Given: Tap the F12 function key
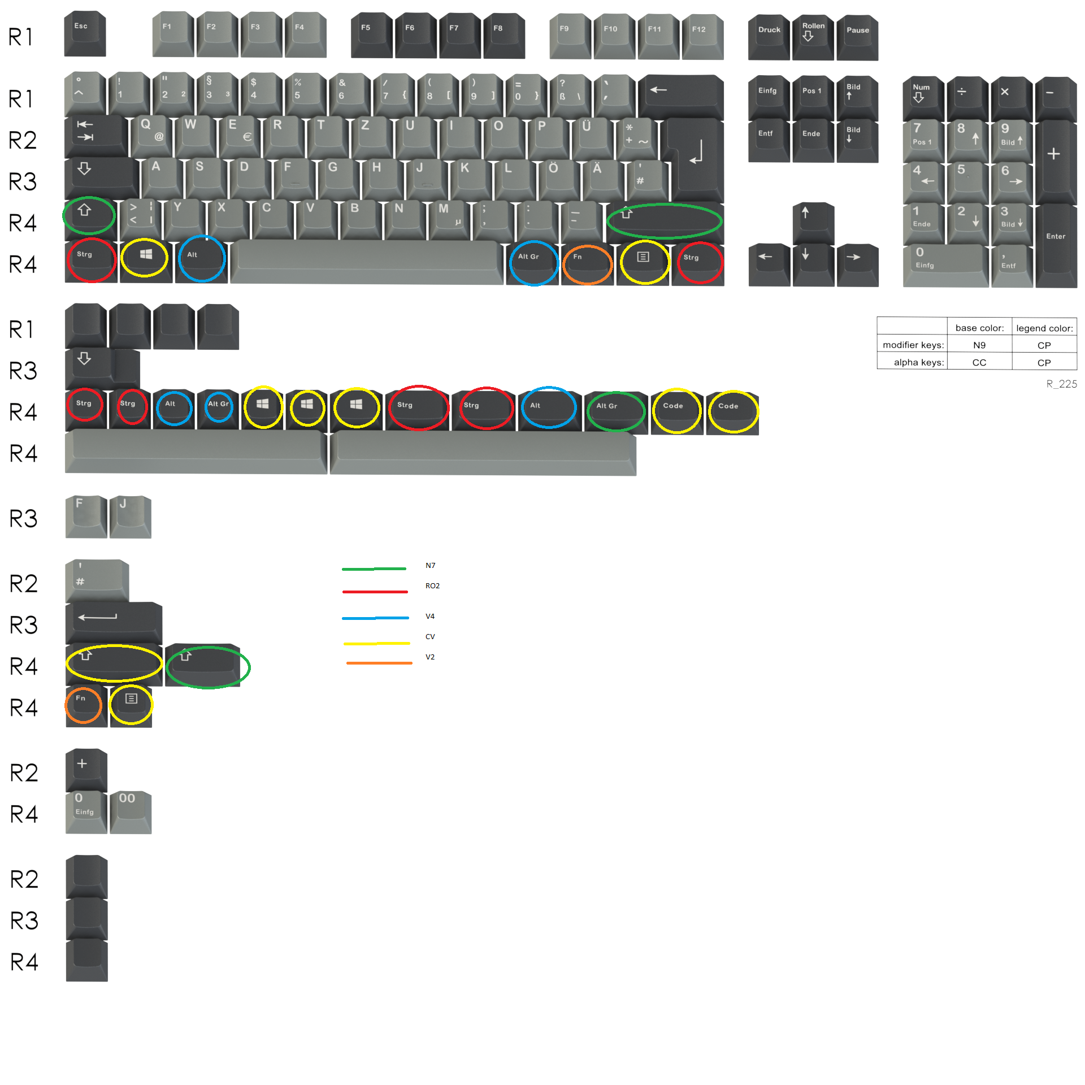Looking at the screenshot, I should (702, 36).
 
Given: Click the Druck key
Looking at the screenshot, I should (769, 36).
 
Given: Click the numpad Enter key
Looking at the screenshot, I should (1056, 243).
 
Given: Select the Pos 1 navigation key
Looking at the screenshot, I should (813, 96).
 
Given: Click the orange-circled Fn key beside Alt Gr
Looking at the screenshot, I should (587, 263).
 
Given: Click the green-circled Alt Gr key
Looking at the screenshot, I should (615, 411).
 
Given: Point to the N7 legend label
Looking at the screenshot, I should (430, 565).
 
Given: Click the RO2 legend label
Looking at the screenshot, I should (432, 585).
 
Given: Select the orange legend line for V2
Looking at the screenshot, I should (379, 662).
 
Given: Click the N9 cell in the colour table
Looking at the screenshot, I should (979, 345).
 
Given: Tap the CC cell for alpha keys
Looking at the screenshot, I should (979, 362).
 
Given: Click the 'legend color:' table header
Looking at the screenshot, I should (1044, 328).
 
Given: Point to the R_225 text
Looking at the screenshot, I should (1061, 384).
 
